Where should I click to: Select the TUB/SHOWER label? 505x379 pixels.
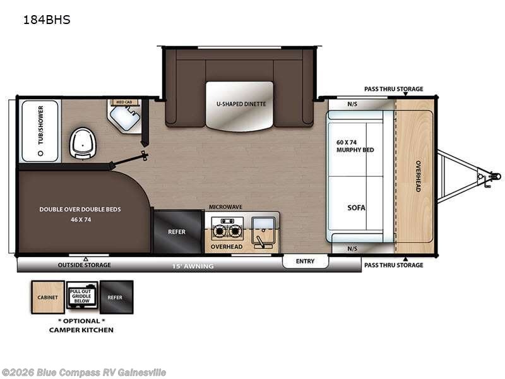[41, 125]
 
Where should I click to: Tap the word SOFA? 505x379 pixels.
[356, 207]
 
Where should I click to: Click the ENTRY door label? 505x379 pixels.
[305, 262]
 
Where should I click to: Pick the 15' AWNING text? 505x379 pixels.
[193, 267]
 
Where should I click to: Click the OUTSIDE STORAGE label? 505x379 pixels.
[84, 265]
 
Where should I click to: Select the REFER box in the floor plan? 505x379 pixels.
[177, 232]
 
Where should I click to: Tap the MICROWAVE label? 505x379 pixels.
[226, 207]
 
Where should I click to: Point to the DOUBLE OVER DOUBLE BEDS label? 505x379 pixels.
[80, 209]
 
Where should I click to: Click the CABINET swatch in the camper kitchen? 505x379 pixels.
[48, 297]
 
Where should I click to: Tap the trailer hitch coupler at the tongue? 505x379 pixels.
[492, 176]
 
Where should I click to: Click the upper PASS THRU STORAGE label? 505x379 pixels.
[393, 89]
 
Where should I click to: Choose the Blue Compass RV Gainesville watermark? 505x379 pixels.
[84, 372]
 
